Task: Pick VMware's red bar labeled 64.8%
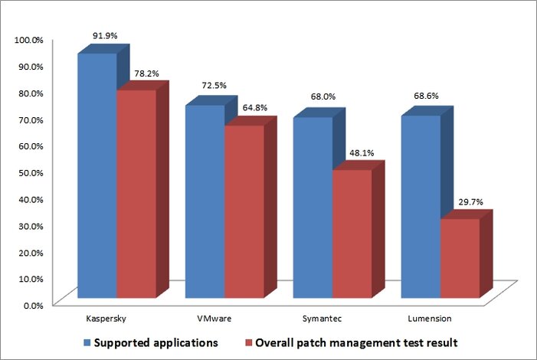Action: coord(244,211)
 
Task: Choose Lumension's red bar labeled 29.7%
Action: coord(460,257)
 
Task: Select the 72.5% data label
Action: coord(211,85)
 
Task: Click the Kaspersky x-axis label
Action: coord(103,316)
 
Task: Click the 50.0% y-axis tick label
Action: coord(31,172)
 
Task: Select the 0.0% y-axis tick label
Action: coord(33,305)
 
